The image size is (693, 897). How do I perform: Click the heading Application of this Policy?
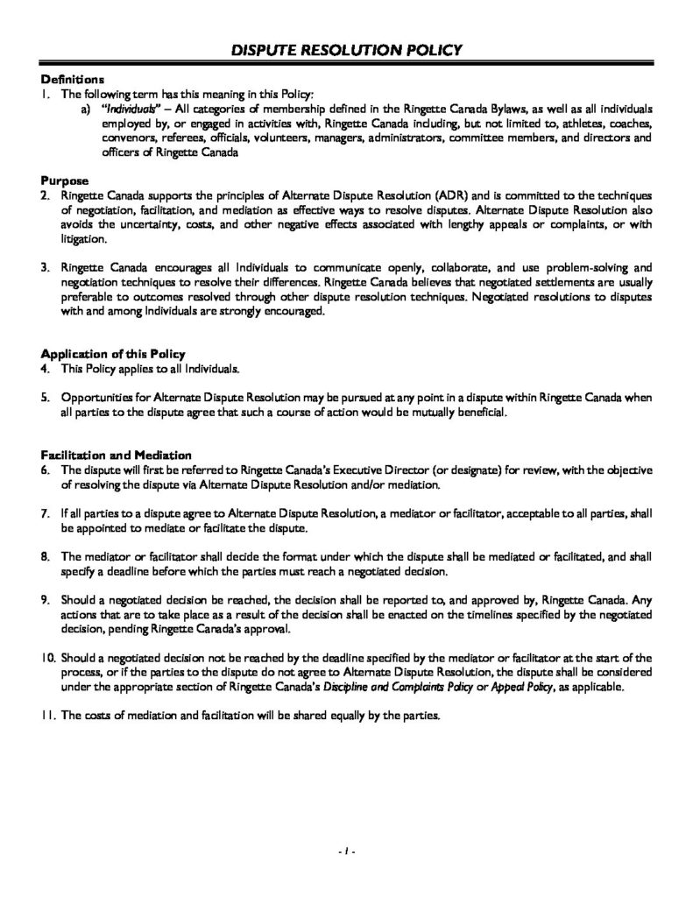114,354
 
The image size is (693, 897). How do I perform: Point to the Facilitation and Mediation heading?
117,456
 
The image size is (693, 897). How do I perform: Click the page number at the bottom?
346,851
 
